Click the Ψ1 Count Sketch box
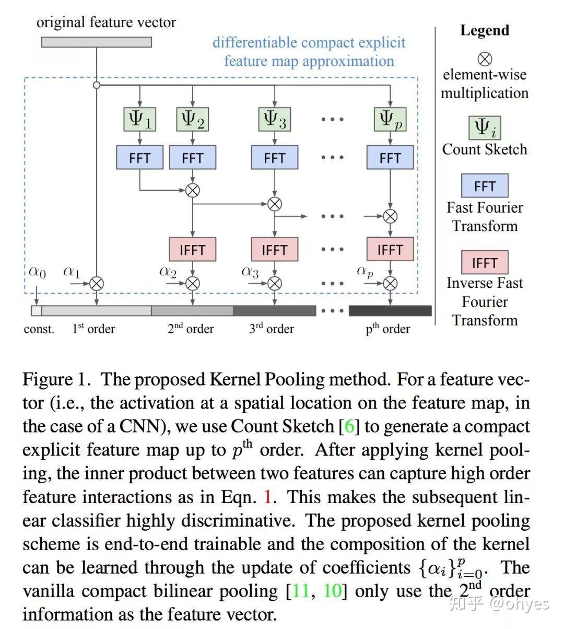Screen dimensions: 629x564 point(139,119)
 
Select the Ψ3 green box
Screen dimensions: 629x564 point(274,119)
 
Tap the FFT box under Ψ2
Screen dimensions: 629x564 point(192,157)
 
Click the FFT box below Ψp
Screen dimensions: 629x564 point(390,157)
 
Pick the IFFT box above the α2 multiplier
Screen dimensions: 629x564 point(192,249)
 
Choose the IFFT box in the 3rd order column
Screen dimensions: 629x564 point(274,249)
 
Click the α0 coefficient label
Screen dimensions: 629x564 point(37,272)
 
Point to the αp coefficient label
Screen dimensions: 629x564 point(365,271)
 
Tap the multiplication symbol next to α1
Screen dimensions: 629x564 point(97,284)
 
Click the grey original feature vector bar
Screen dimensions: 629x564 point(97,42)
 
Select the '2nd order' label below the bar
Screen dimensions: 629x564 point(191,329)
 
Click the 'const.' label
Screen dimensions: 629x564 point(39,329)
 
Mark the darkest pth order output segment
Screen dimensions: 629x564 point(390,311)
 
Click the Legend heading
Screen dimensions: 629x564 point(484,30)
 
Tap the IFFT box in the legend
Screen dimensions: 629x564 point(484,262)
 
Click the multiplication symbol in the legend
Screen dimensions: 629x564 point(485,59)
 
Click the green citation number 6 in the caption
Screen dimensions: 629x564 point(349,426)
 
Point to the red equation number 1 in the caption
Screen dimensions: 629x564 point(268,497)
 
